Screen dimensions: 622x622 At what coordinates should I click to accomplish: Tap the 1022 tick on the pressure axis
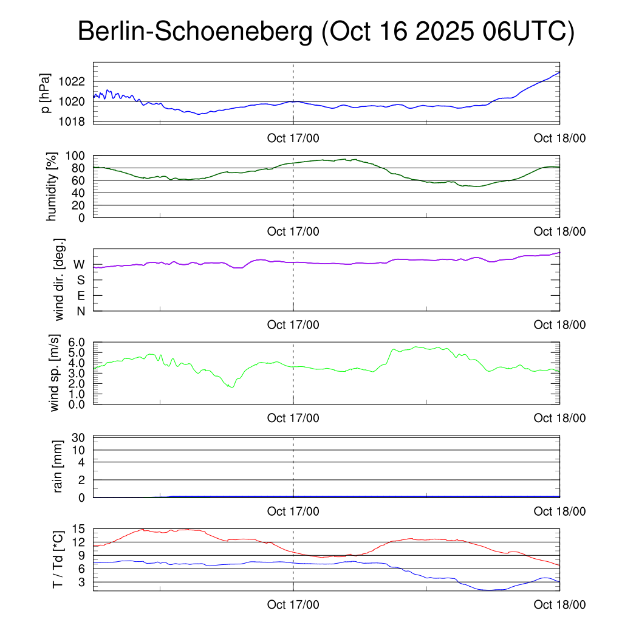tap(75, 81)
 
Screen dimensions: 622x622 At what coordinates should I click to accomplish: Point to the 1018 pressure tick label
tap(75, 121)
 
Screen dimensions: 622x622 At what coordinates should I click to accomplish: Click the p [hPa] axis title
tap(46, 92)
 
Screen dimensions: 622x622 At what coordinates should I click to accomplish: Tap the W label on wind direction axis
tap(79, 265)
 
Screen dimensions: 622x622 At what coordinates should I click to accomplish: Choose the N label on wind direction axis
tap(80, 312)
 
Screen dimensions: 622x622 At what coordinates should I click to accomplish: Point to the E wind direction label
tap(80, 296)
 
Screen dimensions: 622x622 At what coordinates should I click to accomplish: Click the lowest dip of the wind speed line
tap(231, 387)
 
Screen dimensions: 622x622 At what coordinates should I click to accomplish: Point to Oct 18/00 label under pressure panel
tap(559, 138)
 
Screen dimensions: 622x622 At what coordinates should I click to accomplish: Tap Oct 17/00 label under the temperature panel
tap(293, 605)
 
